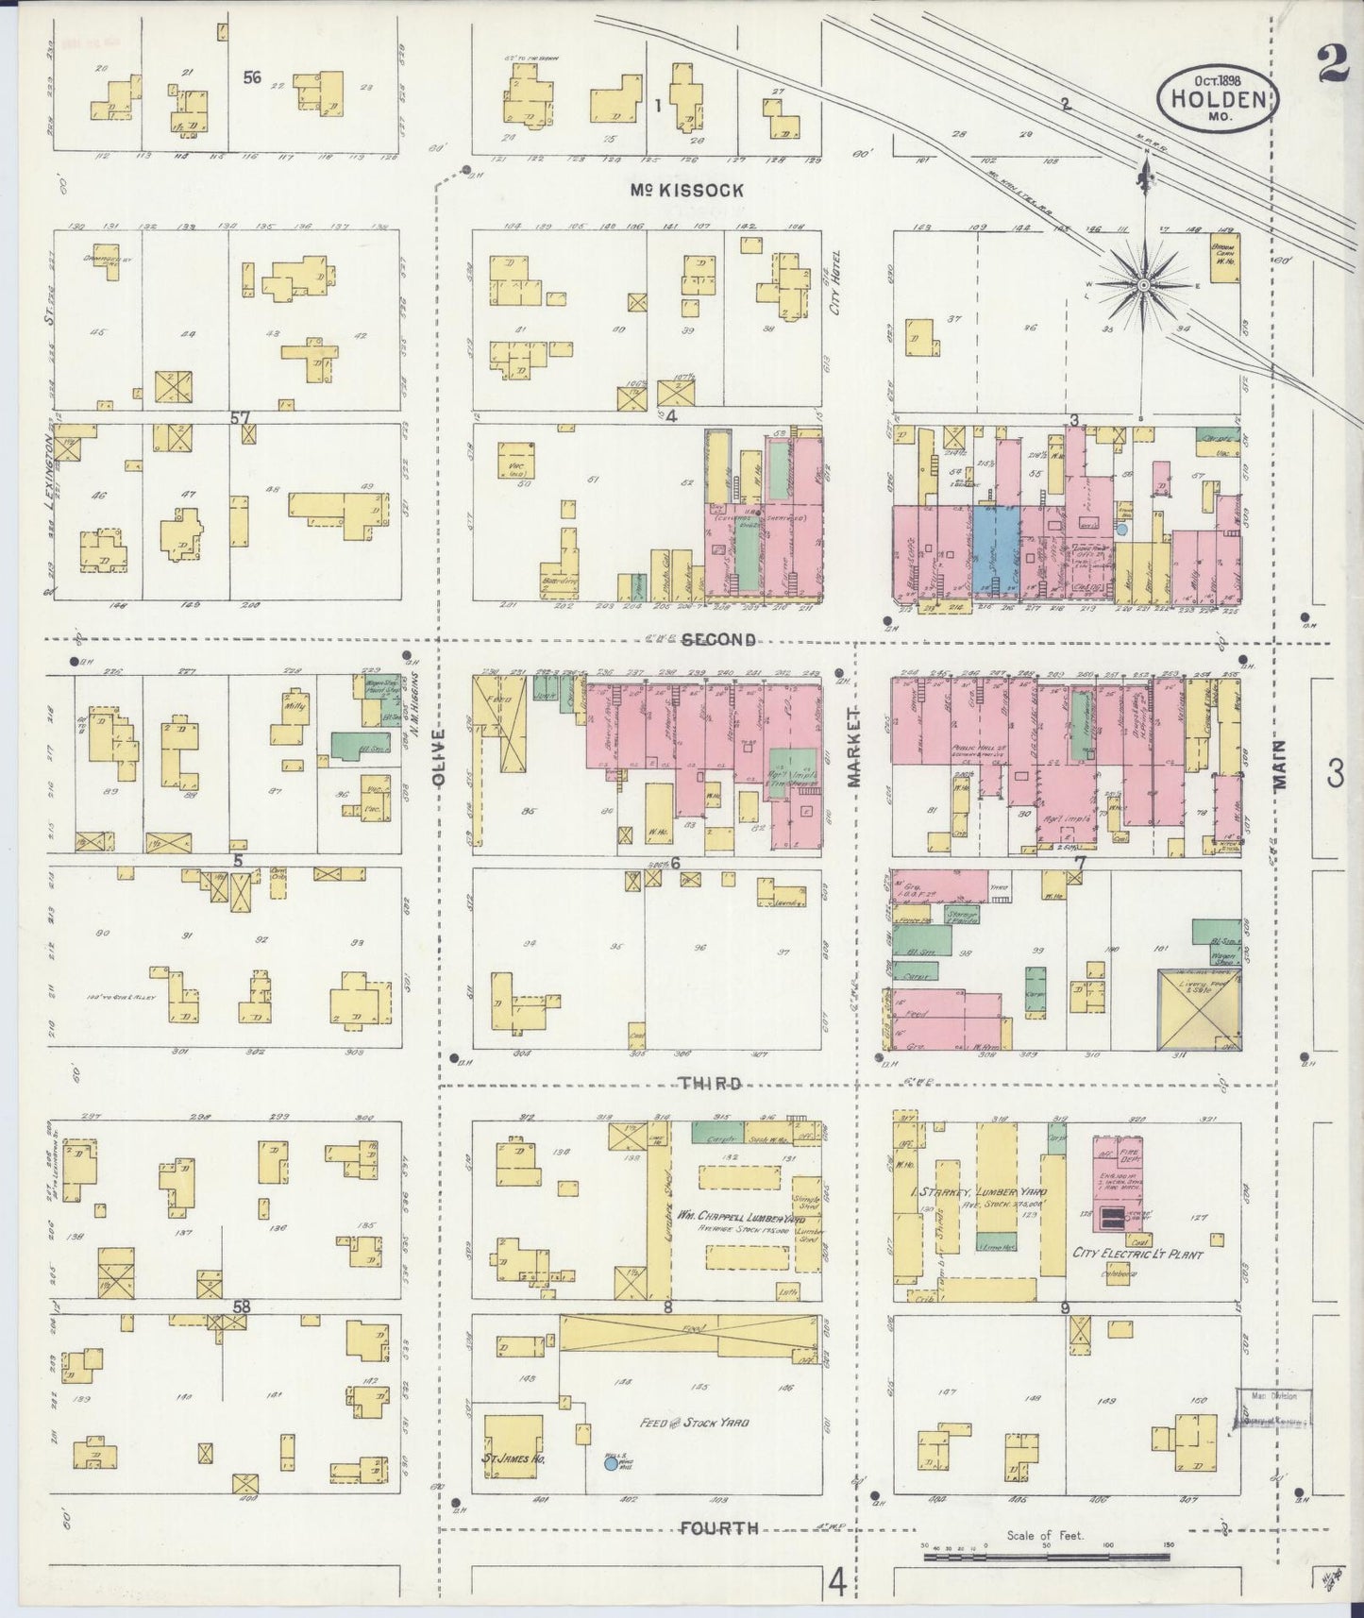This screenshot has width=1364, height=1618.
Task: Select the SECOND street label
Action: (x=718, y=639)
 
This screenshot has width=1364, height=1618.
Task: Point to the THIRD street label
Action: (x=708, y=1083)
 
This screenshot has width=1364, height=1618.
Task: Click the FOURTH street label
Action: (x=718, y=1527)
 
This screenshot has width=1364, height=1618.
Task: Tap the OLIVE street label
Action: (x=436, y=755)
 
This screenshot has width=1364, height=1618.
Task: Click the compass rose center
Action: (x=1143, y=282)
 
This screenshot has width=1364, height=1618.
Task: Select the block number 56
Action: (x=251, y=77)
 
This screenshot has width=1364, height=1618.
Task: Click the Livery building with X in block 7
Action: (x=1199, y=1008)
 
